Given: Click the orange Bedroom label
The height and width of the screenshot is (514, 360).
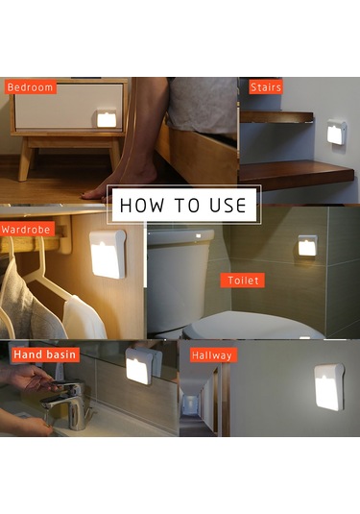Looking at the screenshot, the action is (30, 87).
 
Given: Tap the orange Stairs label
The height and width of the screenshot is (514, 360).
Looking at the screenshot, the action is (266, 87).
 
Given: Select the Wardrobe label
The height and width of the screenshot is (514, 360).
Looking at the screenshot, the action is (27, 229).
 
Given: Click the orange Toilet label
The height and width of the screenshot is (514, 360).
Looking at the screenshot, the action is (243, 281).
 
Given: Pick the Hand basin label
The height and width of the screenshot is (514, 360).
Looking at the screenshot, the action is (45, 355).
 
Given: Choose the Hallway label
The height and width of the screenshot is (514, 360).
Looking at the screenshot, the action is (213, 355).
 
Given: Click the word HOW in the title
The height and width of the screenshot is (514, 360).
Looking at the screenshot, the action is (142, 206).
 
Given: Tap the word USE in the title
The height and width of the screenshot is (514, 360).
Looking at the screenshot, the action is (228, 206).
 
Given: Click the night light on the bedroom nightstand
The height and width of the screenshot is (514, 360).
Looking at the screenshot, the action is (107, 118).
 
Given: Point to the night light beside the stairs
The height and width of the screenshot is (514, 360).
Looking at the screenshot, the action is (337, 133).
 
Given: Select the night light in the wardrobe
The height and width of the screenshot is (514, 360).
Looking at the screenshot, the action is (108, 254).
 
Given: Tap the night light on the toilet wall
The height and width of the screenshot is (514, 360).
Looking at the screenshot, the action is (307, 247).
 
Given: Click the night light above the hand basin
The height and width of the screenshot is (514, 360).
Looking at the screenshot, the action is (140, 366).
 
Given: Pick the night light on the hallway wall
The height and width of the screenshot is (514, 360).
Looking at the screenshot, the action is (329, 387).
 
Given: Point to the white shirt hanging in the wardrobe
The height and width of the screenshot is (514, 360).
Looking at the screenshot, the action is (84, 318).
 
